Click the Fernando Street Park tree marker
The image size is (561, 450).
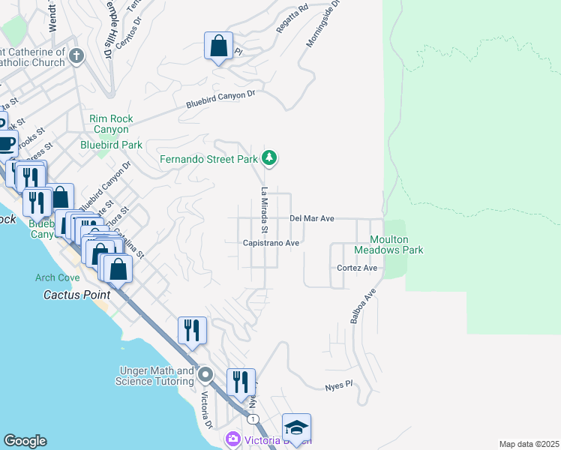(x=270, y=158)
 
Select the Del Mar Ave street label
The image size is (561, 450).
(x=311, y=218)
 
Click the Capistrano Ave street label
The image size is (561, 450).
(x=271, y=243)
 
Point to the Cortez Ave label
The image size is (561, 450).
(x=356, y=268)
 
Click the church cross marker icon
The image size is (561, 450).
(x=76, y=55)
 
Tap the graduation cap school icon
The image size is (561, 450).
(x=296, y=428)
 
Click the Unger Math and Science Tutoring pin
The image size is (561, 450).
(x=206, y=375)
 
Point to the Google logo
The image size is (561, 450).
(x=25, y=441)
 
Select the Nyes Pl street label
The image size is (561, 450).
(x=338, y=385)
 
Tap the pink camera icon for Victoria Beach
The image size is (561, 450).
(x=232, y=438)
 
